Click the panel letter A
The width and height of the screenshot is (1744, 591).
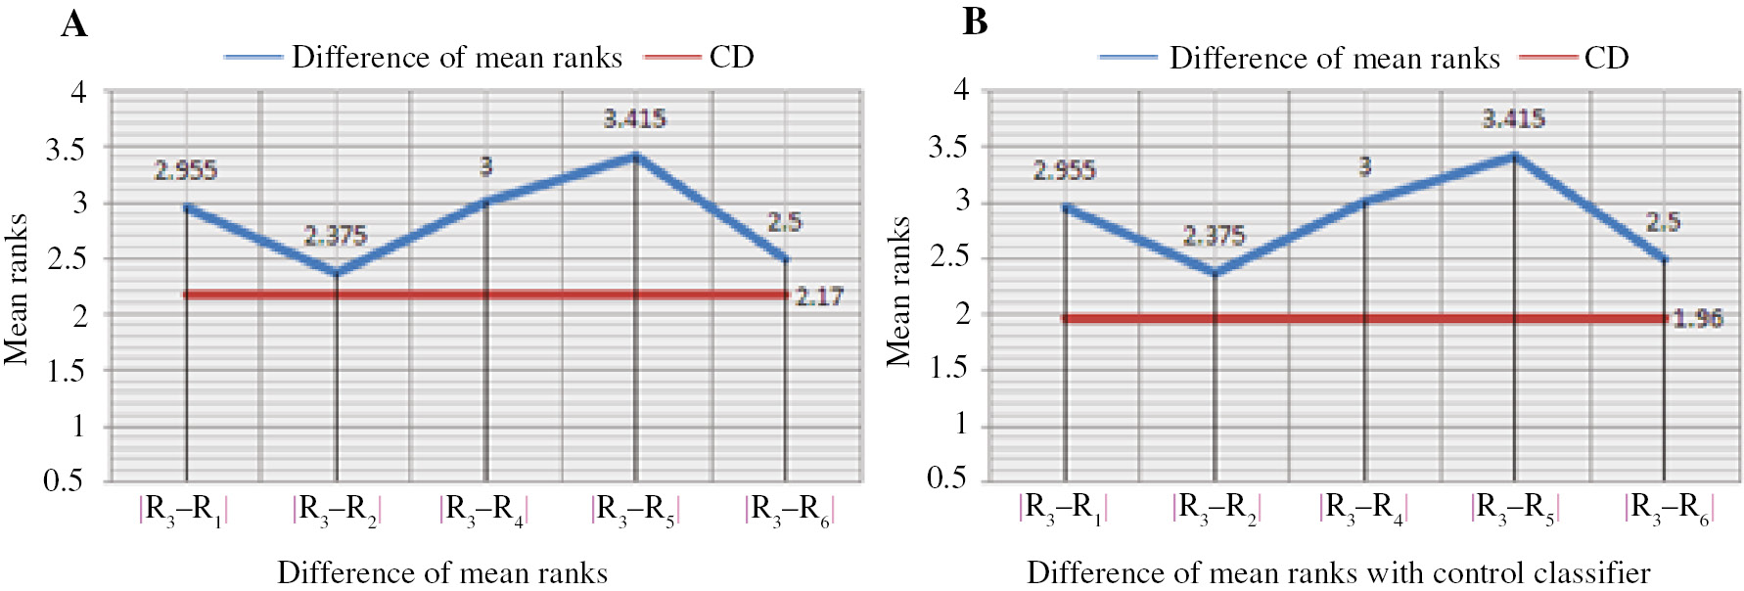tap(74, 23)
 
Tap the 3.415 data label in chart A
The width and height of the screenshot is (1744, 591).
tap(634, 118)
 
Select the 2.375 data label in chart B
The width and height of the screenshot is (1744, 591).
tap(1214, 235)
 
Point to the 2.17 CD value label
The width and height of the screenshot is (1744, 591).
tap(818, 295)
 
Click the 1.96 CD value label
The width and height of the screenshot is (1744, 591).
tap(1697, 318)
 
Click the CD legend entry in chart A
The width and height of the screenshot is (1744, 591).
tap(731, 57)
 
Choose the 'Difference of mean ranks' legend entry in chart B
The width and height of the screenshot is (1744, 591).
tap(1334, 58)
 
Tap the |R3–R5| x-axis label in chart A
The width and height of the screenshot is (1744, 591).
tap(635, 510)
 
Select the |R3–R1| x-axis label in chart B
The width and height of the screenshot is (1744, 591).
tap(1063, 509)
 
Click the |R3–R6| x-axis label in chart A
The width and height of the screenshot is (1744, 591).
tap(788, 510)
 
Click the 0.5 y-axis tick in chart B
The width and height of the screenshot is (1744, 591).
tap(946, 477)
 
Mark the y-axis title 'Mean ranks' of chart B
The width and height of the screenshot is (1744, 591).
tap(898, 291)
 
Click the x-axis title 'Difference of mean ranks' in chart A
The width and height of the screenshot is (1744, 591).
tap(442, 571)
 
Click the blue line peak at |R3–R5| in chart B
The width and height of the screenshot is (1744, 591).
tap(1514, 156)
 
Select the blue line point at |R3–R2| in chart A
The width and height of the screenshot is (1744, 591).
tap(336, 272)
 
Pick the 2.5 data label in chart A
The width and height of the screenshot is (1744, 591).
tap(784, 222)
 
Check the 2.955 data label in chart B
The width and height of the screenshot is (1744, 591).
tap(1064, 170)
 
